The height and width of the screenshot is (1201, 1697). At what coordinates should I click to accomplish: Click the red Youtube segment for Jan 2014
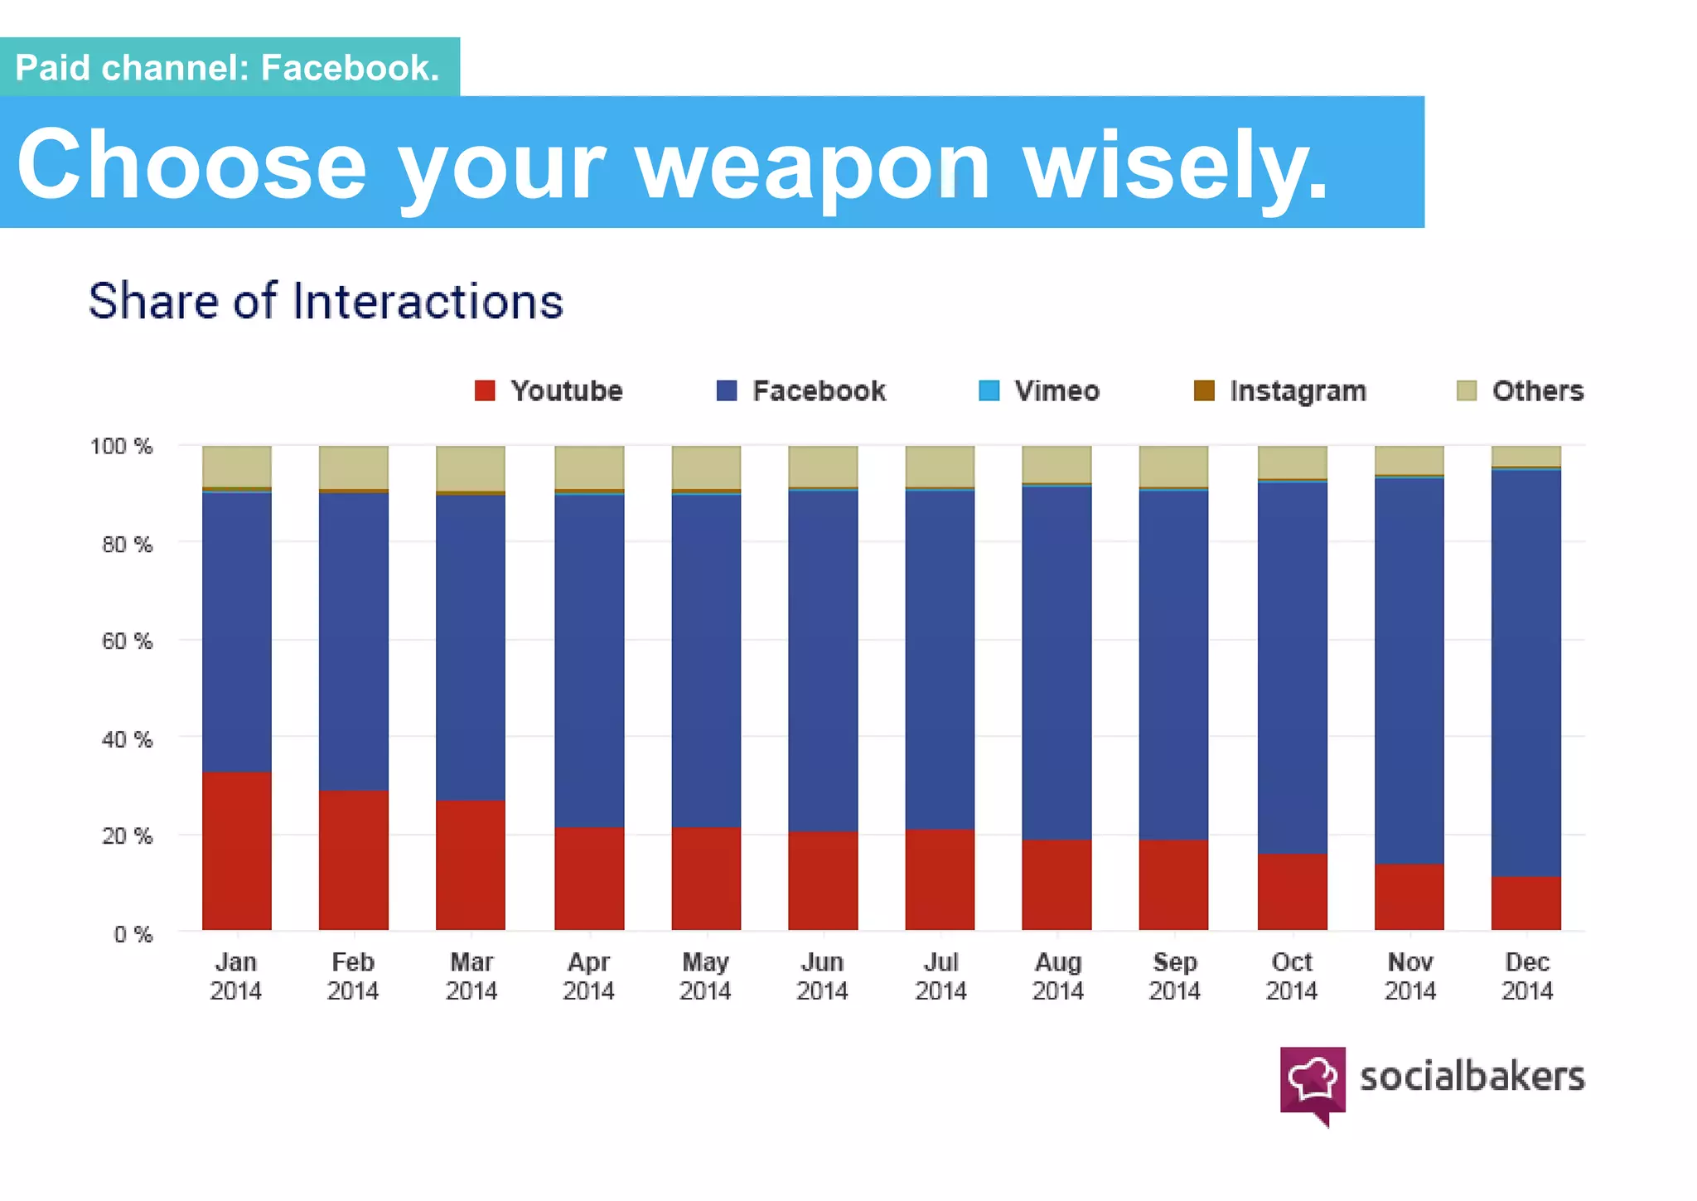tap(237, 850)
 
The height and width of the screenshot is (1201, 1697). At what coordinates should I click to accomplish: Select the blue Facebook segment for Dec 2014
tap(1525, 672)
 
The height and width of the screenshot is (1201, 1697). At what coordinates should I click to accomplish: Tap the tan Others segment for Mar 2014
tap(471, 468)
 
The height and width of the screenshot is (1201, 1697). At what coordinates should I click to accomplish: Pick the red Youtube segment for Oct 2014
tap(1292, 891)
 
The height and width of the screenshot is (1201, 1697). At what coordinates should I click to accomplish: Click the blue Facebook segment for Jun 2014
tap(823, 661)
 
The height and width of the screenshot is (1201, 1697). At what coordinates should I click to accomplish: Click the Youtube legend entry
tap(549, 390)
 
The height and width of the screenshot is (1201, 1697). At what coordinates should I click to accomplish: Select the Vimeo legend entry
tap(1040, 390)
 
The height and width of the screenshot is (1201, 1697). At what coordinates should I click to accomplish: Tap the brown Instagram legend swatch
tap(1204, 390)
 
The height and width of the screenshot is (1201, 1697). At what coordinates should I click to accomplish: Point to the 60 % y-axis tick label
tap(127, 641)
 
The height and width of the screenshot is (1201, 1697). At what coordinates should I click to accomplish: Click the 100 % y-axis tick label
tap(121, 446)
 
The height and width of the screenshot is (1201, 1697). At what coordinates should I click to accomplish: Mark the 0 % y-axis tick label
tap(133, 934)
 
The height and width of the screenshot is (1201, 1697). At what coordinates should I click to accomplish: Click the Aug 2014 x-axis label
tap(1057, 976)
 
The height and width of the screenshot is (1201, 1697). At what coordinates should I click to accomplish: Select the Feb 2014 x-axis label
tap(353, 976)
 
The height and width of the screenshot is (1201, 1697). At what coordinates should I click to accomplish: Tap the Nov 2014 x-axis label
tap(1409, 976)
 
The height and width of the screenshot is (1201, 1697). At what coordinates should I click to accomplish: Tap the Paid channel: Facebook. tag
tap(228, 67)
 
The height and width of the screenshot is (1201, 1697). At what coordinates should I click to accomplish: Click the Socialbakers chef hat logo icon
tap(1313, 1081)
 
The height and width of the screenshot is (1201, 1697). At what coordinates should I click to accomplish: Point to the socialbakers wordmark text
tap(1472, 1077)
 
